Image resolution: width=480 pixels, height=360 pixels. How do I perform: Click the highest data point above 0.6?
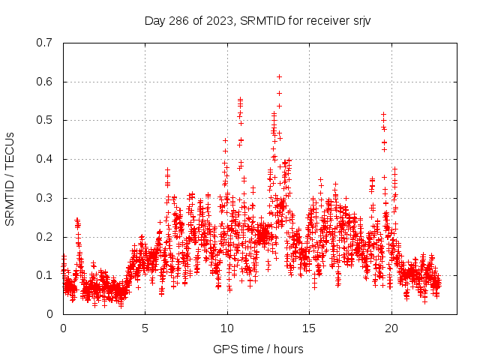coord(279,76)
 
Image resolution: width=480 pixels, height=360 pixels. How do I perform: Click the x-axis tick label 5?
coord(145,328)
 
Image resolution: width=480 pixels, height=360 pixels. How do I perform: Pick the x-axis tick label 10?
coord(227,328)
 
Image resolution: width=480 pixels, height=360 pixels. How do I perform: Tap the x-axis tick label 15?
coord(310,328)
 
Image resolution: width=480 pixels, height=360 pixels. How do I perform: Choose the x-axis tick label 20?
coord(391,328)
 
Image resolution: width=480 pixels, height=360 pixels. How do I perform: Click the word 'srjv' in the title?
coord(360,20)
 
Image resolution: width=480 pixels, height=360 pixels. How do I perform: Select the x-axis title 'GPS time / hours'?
coord(258,349)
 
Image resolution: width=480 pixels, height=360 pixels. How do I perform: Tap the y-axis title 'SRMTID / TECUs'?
coord(10,178)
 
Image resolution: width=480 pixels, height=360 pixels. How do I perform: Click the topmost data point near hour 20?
coord(383,115)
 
